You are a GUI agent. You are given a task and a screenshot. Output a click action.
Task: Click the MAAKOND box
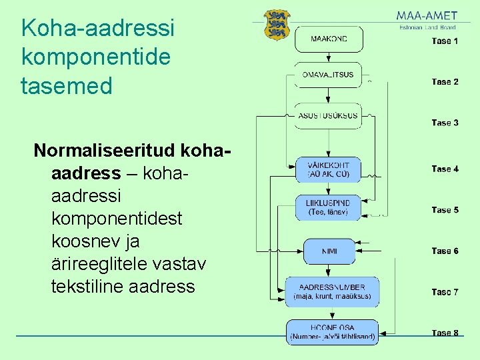click(x=329, y=39)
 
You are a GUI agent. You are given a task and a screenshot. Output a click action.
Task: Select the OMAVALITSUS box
click(x=328, y=75)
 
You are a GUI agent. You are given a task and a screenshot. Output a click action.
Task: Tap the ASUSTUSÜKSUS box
click(x=328, y=115)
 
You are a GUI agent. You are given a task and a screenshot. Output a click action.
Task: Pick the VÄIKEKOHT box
click(x=328, y=169)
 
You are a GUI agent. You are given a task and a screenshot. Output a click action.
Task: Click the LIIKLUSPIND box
click(x=328, y=207)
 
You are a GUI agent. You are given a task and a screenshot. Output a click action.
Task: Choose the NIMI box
click(x=329, y=251)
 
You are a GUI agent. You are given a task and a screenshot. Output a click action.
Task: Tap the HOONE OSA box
click(x=332, y=332)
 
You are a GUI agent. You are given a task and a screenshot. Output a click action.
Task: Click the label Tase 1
click(x=445, y=41)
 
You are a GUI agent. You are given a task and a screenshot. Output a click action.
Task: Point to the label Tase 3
click(x=445, y=123)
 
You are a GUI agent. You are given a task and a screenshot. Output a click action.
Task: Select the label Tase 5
click(x=445, y=210)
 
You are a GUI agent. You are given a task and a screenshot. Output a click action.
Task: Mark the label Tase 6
click(x=445, y=251)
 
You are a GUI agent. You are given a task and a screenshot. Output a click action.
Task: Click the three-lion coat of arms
click(x=277, y=25)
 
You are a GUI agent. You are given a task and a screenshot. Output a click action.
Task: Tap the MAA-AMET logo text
click(x=427, y=15)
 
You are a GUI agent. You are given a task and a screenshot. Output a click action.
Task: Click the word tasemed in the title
click(x=67, y=85)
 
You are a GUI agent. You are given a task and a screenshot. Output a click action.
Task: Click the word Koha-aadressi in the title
click(x=97, y=28)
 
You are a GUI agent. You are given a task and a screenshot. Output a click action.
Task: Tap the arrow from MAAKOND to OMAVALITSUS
click(x=329, y=58)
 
